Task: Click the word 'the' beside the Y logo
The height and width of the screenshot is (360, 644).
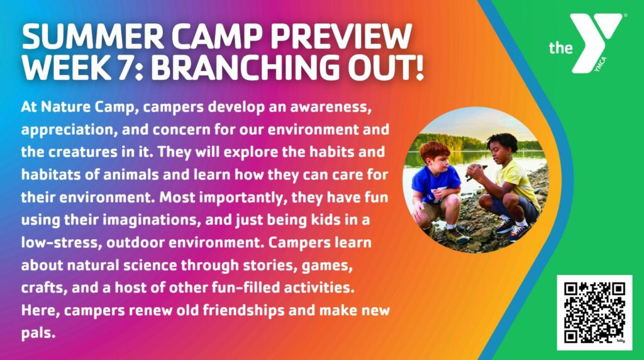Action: point(560,48)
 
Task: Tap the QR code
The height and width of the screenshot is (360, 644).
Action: point(594,313)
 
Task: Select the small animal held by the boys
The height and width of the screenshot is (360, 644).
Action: point(476,170)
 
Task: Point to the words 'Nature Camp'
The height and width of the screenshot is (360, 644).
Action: point(87,107)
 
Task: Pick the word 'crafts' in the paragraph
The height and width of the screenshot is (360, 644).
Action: point(45,288)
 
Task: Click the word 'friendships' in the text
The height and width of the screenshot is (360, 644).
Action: point(243,310)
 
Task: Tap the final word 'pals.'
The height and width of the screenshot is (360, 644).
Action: point(38,334)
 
